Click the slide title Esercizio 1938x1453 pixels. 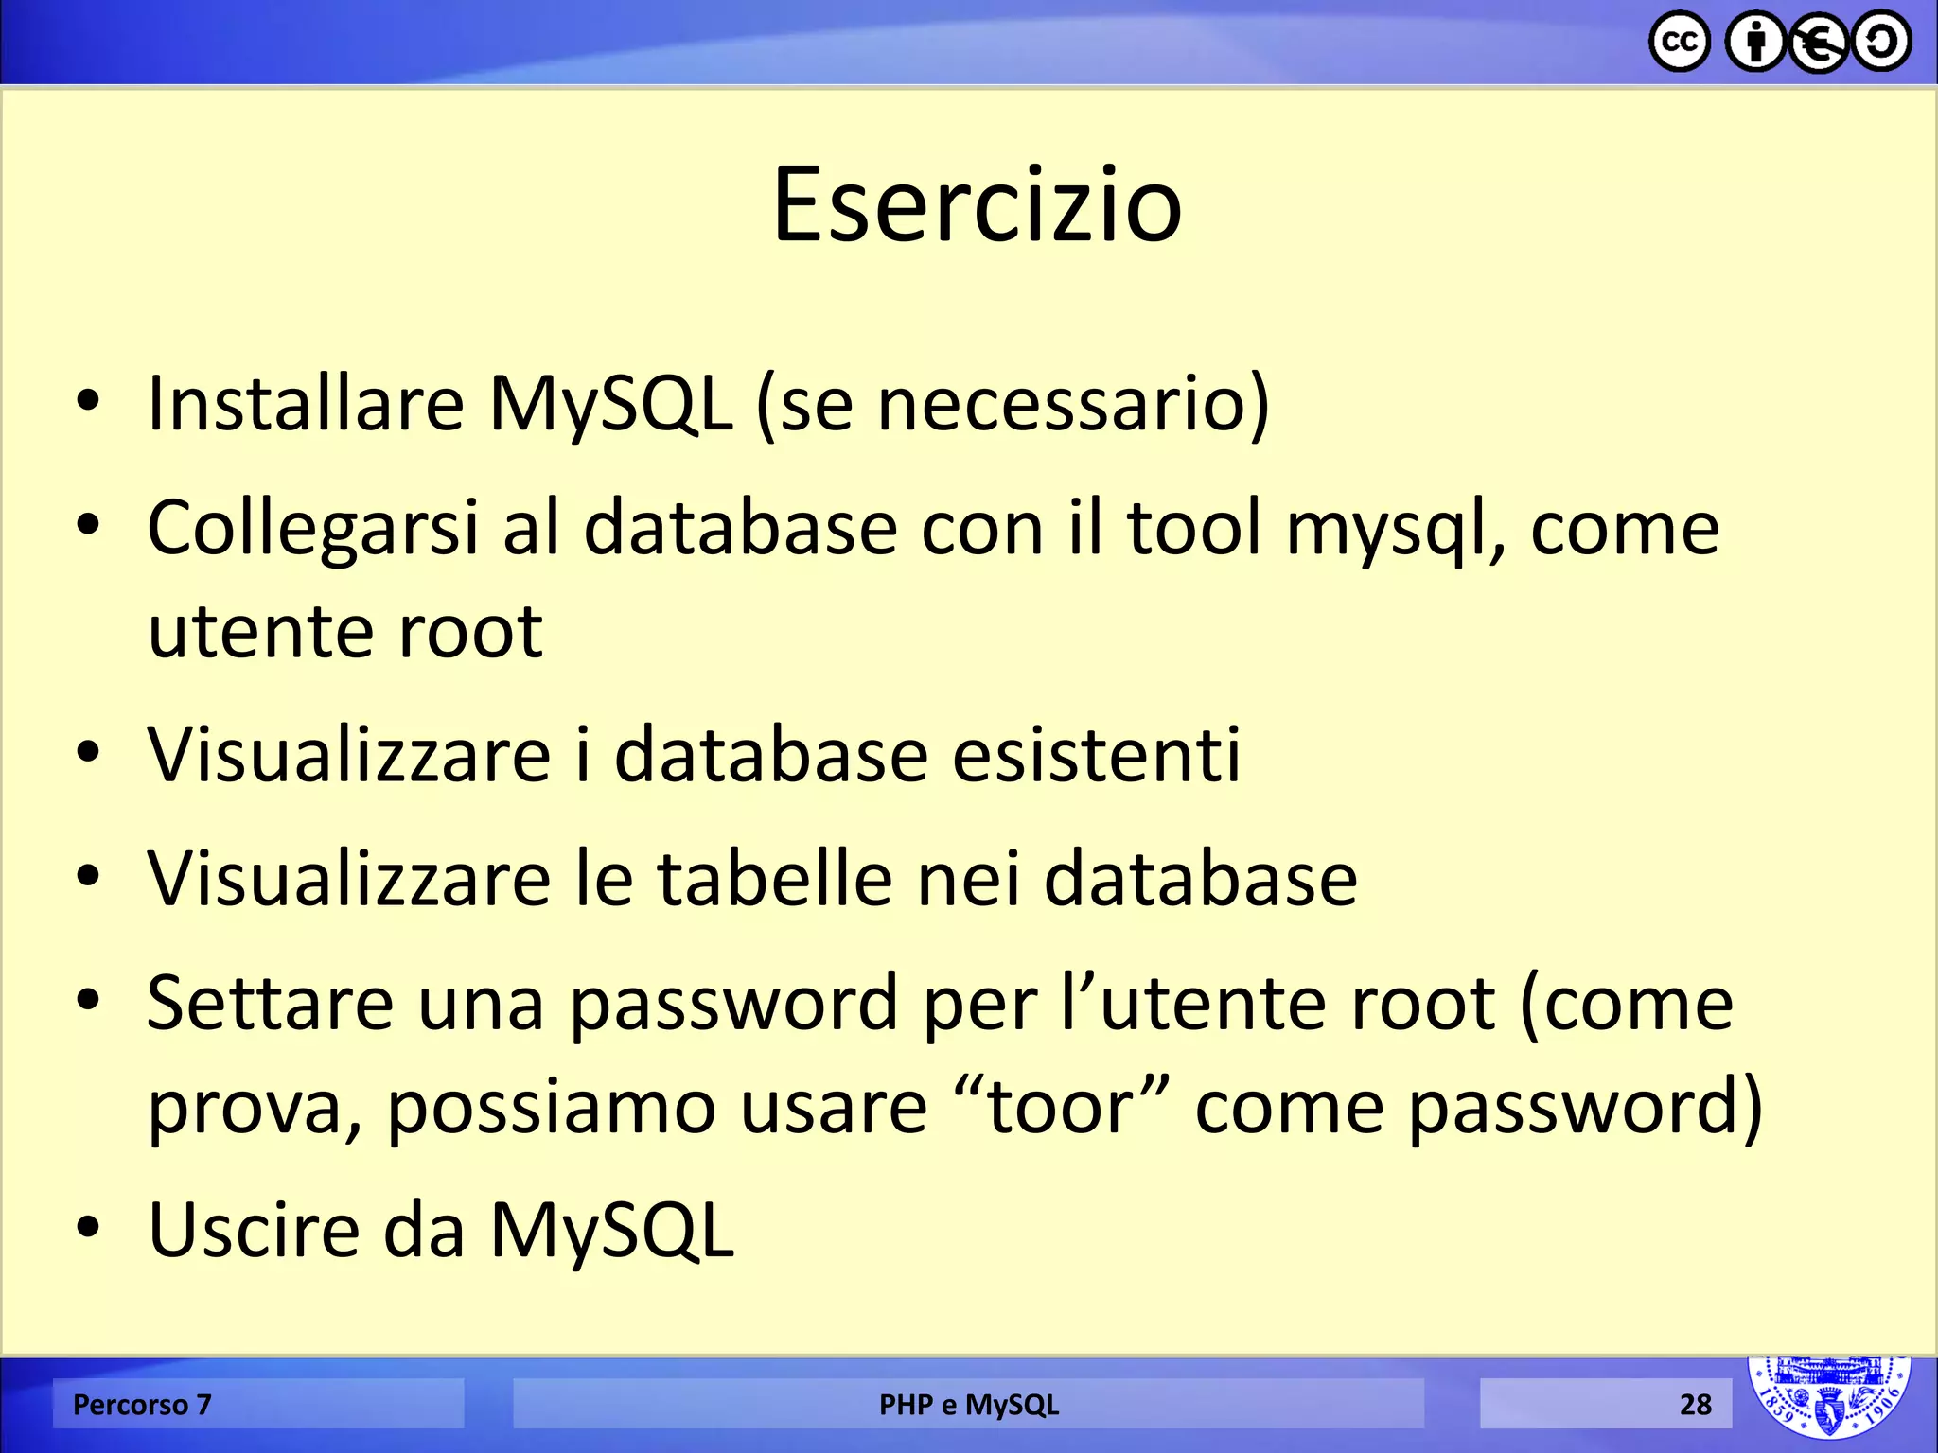(977, 205)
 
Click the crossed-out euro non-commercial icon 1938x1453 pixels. (1818, 44)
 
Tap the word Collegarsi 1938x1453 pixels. (312, 530)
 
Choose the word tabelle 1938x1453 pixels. (775, 879)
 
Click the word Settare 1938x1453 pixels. (271, 1004)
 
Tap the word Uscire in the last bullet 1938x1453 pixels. (255, 1231)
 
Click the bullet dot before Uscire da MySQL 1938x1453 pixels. (88, 1228)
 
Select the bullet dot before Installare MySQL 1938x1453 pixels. (88, 401)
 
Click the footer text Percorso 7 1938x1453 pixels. (142, 1405)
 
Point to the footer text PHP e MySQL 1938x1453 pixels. (968, 1405)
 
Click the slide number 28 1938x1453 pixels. (1695, 1405)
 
